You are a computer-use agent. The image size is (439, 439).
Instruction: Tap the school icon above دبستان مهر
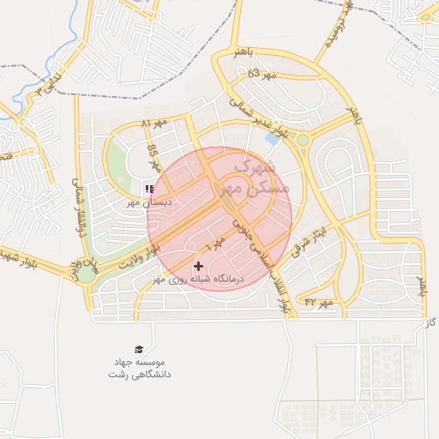[148, 189]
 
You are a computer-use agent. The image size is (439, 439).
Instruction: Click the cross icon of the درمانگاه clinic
[200, 267]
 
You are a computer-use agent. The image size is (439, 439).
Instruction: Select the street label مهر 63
[263, 75]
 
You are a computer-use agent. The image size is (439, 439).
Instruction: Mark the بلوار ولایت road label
[139, 255]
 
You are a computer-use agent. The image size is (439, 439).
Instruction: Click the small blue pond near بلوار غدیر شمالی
[273, 137]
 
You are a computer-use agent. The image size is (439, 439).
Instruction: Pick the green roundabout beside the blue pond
[302, 140]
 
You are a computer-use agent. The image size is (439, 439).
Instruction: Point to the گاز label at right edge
[430, 322]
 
